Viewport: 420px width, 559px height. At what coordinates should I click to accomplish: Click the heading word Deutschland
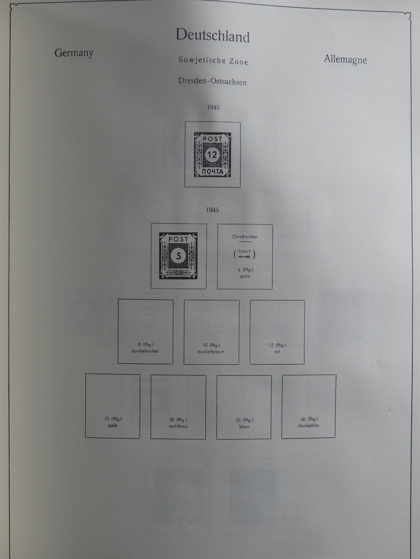(x=213, y=35)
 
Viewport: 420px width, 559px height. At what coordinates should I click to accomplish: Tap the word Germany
(x=74, y=53)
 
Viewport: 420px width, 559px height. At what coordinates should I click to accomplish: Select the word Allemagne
(x=345, y=60)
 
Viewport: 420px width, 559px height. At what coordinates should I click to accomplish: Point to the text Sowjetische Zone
(x=213, y=61)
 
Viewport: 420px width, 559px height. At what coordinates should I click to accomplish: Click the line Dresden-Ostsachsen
(x=212, y=82)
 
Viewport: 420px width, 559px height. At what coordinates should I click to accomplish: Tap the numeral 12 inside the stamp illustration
(x=212, y=155)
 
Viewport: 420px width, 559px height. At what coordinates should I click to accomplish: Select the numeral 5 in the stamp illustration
(x=179, y=256)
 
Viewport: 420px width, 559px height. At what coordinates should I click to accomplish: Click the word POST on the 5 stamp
(x=178, y=239)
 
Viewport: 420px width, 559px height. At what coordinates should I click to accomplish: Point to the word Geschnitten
(x=245, y=237)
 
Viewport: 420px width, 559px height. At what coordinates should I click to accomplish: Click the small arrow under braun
(x=244, y=257)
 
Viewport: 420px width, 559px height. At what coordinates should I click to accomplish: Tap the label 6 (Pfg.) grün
(x=245, y=273)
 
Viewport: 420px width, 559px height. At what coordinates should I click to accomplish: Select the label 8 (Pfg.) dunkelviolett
(x=145, y=348)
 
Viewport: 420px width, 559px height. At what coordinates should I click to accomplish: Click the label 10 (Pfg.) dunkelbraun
(x=211, y=348)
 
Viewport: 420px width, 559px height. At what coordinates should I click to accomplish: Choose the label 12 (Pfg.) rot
(x=277, y=348)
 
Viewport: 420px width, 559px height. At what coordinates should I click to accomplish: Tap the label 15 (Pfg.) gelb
(x=113, y=422)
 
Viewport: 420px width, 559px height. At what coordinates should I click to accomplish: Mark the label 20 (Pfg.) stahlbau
(x=178, y=423)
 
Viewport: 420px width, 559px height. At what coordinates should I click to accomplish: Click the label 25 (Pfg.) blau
(x=244, y=423)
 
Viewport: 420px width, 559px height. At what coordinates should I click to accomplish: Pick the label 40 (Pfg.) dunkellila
(x=309, y=422)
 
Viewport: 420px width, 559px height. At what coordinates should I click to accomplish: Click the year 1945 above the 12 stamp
(x=213, y=107)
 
